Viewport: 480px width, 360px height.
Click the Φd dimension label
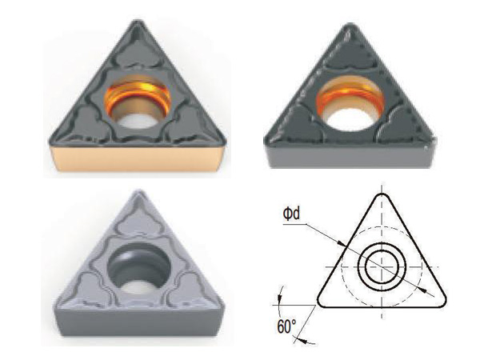(291, 214)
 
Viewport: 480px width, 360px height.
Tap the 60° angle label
(287, 326)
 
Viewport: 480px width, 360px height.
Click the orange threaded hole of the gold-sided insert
(138, 101)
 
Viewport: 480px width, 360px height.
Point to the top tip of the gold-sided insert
(138, 22)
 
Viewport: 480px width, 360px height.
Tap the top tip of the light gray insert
(139, 191)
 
